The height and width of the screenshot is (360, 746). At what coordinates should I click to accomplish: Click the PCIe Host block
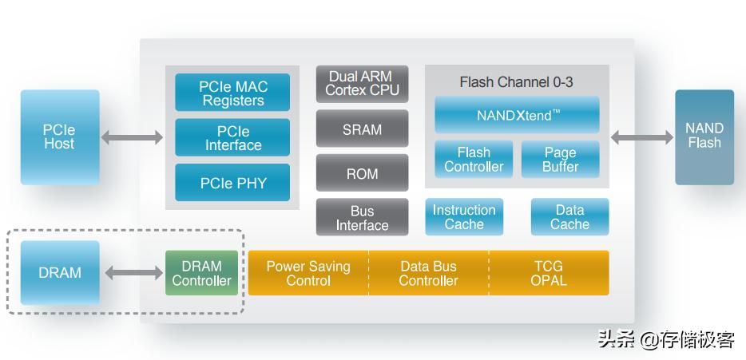pos(60,136)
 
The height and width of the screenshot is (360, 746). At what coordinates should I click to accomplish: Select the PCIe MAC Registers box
pos(232,93)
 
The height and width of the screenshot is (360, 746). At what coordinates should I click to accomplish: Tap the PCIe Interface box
pos(232,137)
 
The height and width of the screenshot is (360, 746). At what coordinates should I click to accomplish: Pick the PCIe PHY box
pos(232,183)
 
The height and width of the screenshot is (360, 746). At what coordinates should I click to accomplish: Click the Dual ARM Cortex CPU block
pos(362,84)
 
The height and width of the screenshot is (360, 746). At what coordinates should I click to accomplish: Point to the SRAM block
pos(362,129)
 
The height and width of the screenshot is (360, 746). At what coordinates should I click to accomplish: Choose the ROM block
pos(362,173)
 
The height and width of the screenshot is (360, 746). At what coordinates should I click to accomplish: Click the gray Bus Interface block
pos(362,217)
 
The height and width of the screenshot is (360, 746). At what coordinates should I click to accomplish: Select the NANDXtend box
pos(517,115)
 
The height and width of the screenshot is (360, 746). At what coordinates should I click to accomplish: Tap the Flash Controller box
pos(474,159)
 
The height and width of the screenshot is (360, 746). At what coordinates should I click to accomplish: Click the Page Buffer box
pos(560,159)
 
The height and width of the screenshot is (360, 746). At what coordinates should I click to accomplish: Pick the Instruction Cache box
pos(464,217)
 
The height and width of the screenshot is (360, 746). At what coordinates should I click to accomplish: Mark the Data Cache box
pos(569,217)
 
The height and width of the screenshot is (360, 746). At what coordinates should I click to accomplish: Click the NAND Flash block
pos(704,136)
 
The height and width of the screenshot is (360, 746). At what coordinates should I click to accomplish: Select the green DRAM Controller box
pos(201,273)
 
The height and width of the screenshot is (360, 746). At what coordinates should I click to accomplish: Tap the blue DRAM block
pos(60,273)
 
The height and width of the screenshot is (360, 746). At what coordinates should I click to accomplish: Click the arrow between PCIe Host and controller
pos(132,137)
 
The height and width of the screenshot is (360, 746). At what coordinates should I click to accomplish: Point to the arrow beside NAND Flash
pos(642,136)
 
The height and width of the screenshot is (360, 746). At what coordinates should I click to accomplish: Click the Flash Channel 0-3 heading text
pos(516,82)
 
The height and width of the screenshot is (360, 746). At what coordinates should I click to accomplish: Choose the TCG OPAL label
pos(548,273)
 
